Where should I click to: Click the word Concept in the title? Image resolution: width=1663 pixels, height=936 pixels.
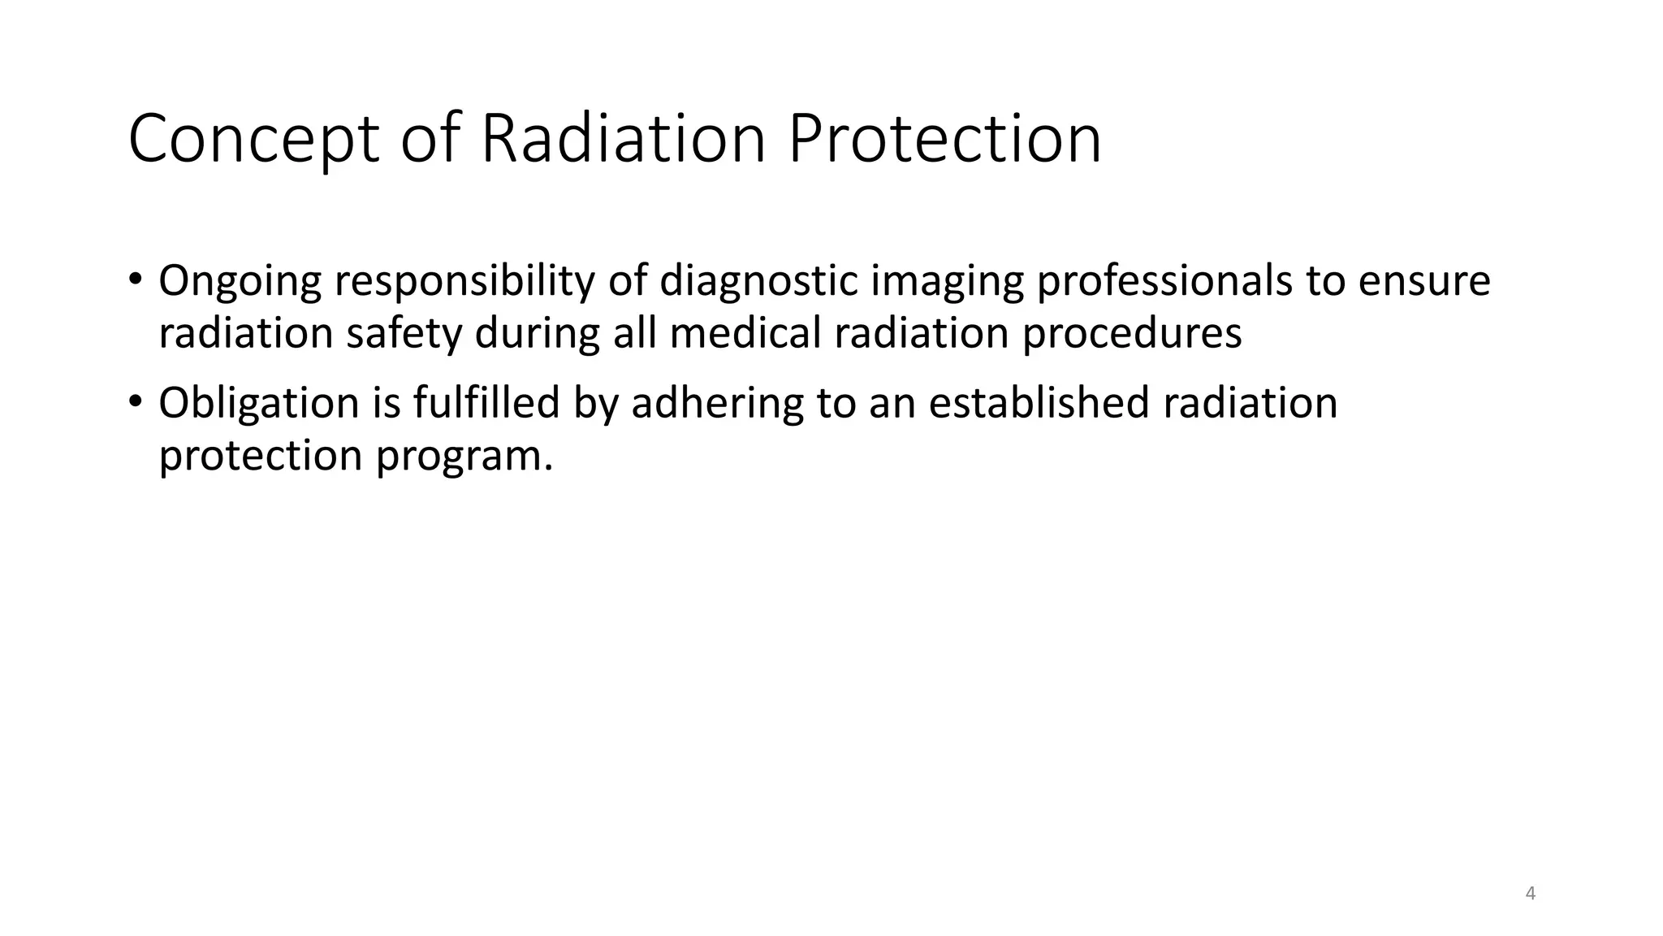pos(253,140)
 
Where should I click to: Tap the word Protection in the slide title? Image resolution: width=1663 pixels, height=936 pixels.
pos(944,140)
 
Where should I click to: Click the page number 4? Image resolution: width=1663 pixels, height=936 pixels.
pos(1531,894)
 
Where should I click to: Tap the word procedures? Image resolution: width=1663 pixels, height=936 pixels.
pos(1132,334)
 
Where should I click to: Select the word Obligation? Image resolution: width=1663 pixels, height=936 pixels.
pos(259,404)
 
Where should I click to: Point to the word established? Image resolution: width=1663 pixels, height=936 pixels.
pos(1039,404)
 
